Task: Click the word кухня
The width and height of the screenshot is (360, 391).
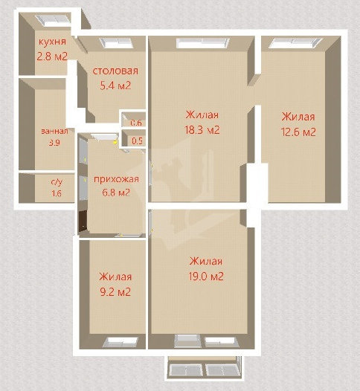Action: click(x=52, y=42)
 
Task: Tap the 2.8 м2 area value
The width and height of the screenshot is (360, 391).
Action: click(x=52, y=56)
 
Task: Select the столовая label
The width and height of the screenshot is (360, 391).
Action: click(x=115, y=71)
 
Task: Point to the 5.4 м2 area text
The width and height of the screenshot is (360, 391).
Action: click(x=115, y=85)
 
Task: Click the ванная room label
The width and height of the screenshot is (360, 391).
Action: click(x=54, y=131)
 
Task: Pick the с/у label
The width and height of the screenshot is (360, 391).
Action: click(x=57, y=182)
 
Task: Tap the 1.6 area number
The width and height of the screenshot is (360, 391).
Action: click(x=57, y=193)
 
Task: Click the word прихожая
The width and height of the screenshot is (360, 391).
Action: click(x=116, y=179)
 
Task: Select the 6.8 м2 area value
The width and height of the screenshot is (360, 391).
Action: click(x=116, y=193)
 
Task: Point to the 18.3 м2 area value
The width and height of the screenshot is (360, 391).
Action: click(x=202, y=130)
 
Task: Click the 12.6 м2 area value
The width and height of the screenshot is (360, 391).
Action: click(x=298, y=132)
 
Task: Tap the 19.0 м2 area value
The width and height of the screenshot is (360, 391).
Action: click(x=206, y=277)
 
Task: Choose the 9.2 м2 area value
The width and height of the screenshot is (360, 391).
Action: click(x=115, y=291)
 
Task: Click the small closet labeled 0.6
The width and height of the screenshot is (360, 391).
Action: click(x=133, y=119)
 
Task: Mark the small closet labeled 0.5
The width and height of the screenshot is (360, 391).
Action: click(x=133, y=138)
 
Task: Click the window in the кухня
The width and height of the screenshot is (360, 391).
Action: click(x=54, y=20)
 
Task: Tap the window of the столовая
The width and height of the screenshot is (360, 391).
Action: click(x=116, y=42)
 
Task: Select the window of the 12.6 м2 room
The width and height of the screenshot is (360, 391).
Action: click(x=295, y=42)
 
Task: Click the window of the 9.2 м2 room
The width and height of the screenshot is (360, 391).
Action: click(x=120, y=342)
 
